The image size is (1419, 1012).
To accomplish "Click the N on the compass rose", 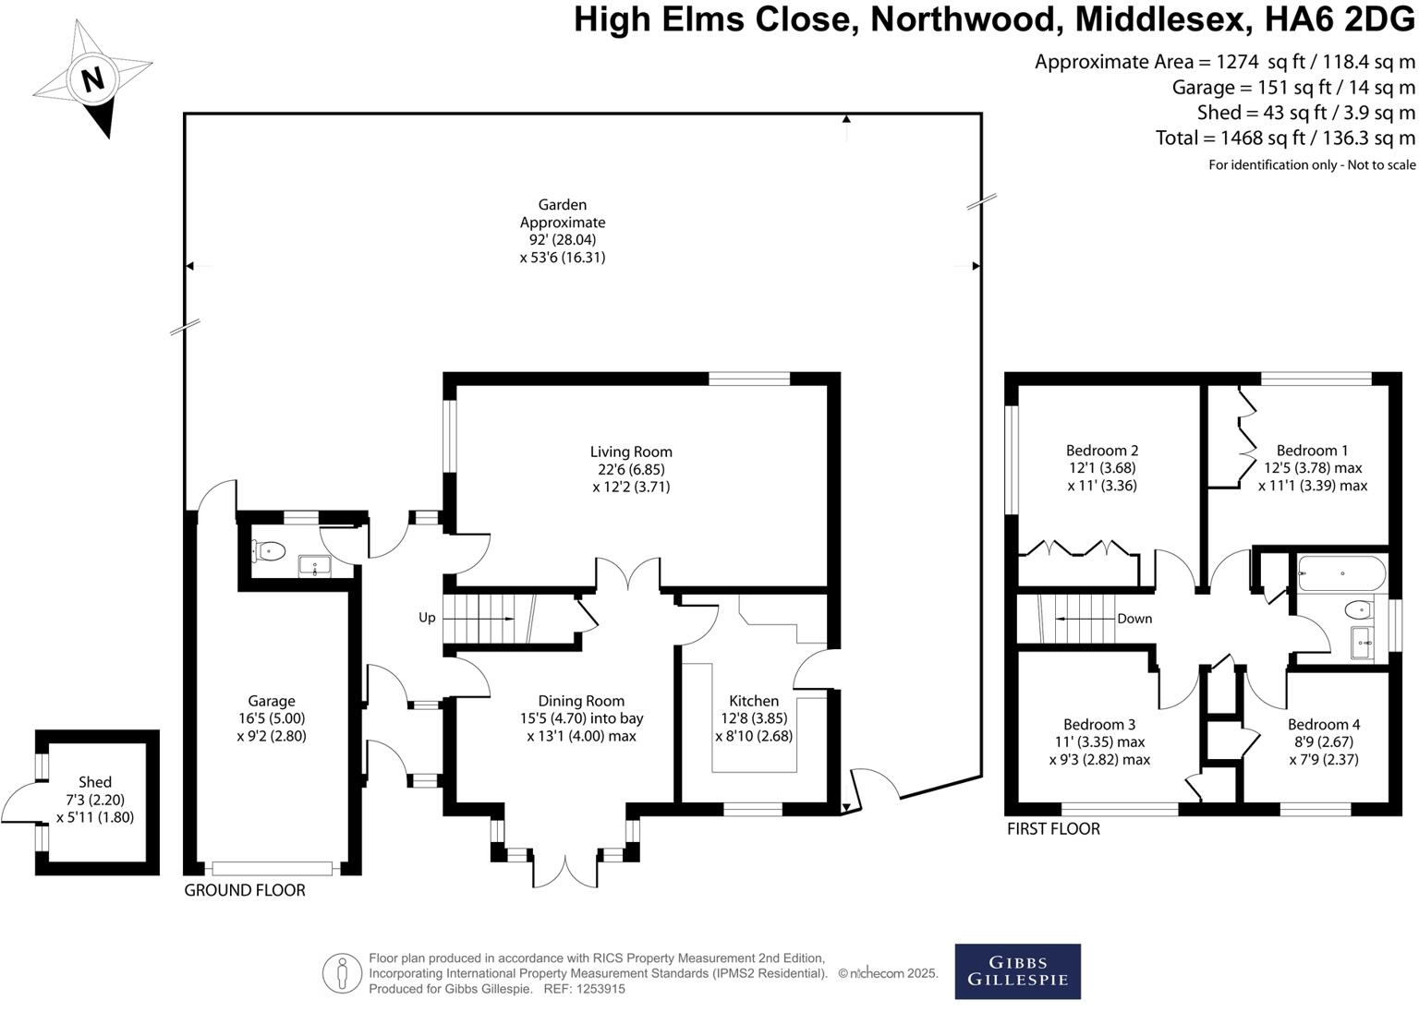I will [x=91, y=79].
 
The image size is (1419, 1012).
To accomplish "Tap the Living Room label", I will [x=631, y=452].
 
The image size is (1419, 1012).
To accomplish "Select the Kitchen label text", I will [x=754, y=701].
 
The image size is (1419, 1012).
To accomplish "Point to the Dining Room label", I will [x=581, y=701].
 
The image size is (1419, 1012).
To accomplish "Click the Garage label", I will [x=271, y=701].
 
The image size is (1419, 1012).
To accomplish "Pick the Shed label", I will [x=95, y=782].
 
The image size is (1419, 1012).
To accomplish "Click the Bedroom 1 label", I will [x=1312, y=451].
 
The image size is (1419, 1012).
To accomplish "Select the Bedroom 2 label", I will [x=1102, y=451].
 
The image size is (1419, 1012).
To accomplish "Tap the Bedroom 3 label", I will [x=1099, y=724].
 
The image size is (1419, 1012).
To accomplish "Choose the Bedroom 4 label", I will [x=1324, y=724].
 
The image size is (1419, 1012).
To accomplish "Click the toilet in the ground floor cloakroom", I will [x=268, y=551].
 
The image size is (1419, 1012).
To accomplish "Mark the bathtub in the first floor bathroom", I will [x=1341, y=573].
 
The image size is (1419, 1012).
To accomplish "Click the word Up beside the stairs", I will [x=427, y=618].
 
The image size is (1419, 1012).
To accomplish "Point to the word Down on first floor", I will [x=1134, y=619].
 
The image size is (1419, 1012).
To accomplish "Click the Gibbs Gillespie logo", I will [x=1017, y=971].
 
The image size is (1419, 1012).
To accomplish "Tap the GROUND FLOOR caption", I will [x=245, y=890].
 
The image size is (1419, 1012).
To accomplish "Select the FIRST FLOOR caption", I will [x=1053, y=829].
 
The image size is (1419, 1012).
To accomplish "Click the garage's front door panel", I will [x=272, y=868].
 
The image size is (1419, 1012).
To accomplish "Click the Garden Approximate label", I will [x=563, y=213].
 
